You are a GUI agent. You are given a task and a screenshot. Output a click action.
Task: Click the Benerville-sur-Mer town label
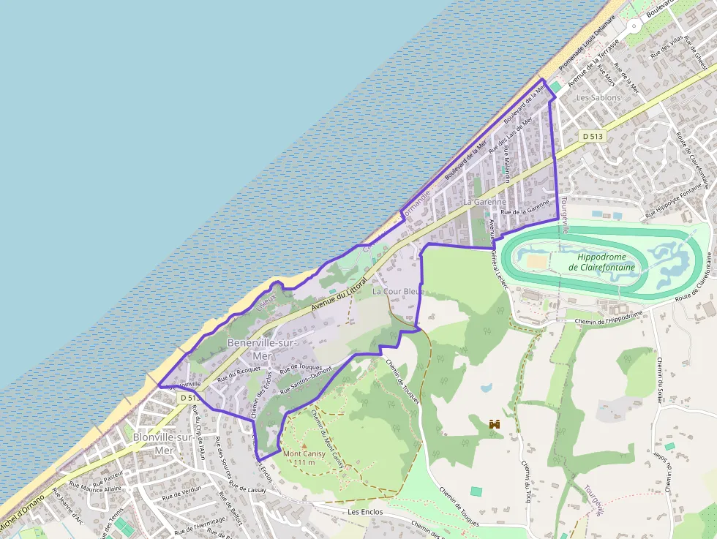(x=261, y=349)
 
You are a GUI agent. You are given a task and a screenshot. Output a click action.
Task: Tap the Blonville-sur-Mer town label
(x=163, y=444)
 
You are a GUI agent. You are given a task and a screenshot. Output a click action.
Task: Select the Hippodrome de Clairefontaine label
(x=605, y=263)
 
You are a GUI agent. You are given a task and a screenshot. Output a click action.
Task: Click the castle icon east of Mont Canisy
(x=495, y=423)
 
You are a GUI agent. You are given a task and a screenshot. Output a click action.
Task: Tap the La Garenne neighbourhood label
(x=484, y=202)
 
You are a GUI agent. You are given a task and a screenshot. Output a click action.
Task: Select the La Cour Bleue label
(x=398, y=292)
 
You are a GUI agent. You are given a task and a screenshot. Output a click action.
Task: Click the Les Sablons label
(x=598, y=97)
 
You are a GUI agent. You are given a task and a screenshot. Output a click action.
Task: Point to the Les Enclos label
(x=365, y=512)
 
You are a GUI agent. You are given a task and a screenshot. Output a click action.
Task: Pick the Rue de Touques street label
(x=301, y=366)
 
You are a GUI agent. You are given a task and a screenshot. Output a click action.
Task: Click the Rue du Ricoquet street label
(x=239, y=374)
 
